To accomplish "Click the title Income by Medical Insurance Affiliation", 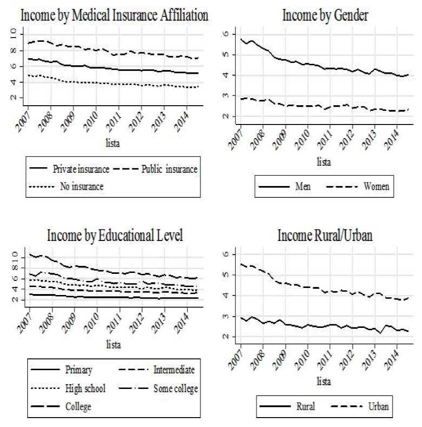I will point(114,15).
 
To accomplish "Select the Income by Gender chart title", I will point(325,15).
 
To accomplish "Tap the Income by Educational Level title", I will point(114,236).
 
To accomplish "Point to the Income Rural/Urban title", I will point(325,236).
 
